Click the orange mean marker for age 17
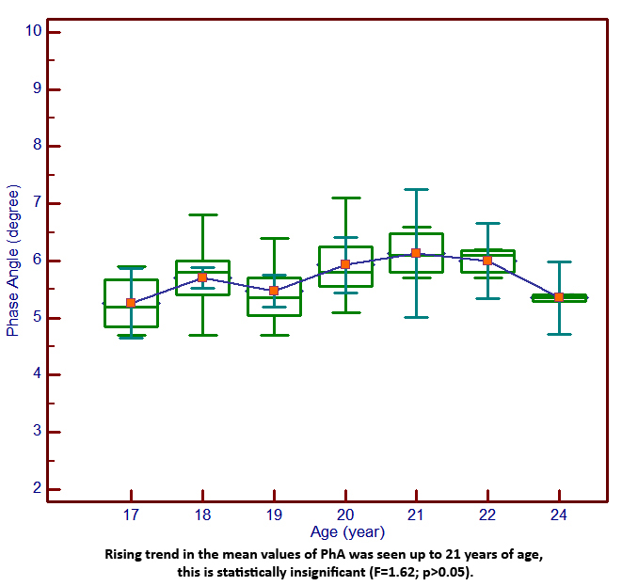click(x=131, y=303)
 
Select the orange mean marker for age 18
click(x=202, y=277)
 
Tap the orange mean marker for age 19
click(x=274, y=291)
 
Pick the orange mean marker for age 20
click(x=345, y=264)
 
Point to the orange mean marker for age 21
click(x=416, y=253)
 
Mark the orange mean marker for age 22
click(x=487, y=260)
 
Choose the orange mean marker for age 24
click(x=559, y=297)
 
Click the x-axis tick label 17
click(x=131, y=516)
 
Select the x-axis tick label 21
click(x=416, y=516)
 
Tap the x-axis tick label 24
click(x=559, y=516)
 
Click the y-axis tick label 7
click(x=37, y=203)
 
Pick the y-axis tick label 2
click(x=37, y=489)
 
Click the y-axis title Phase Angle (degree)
click(x=13, y=261)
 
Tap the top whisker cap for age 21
click(x=416, y=189)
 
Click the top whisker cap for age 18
click(x=202, y=214)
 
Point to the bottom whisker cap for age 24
click(x=559, y=334)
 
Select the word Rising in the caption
click(x=124, y=554)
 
